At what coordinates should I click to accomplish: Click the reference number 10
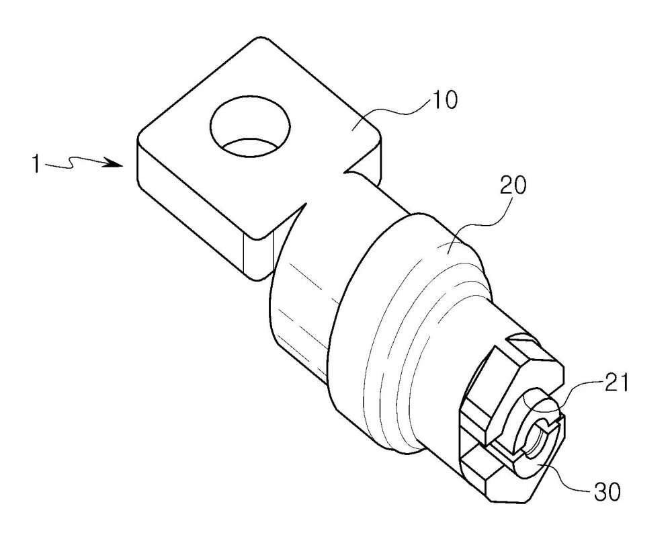444,100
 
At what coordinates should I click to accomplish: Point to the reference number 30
607,492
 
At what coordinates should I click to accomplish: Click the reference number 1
36,164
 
